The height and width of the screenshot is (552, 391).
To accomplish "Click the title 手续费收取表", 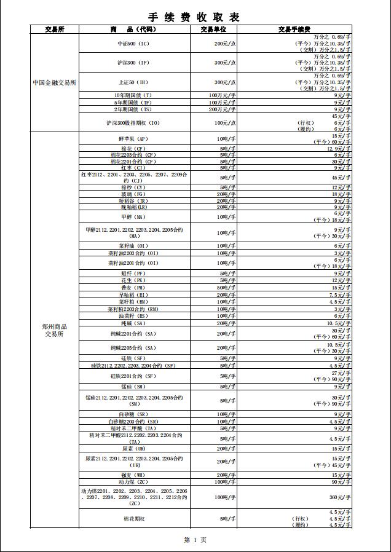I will pyautogui.click(x=195, y=17).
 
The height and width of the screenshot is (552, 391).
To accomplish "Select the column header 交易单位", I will pyautogui.click(x=214, y=30).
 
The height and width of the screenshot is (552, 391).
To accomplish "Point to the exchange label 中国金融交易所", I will pyautogui.click(x=55, y=82).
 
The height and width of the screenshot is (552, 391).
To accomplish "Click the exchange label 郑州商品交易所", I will pyautogui.click(x=55, y=330).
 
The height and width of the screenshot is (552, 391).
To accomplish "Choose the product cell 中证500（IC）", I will pyautogui.click(x=133, y=44).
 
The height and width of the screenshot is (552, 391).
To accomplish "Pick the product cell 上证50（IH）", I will pyautogui.click(x=133, y=82).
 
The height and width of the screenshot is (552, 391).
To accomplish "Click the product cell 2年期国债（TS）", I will pyautogui.click(x=133, y=109).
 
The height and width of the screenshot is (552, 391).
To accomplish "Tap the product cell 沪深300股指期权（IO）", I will pyautogui.click(x=133, y=122).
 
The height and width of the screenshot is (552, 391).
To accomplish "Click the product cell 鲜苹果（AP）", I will pyautogui.click(x=133, y=139).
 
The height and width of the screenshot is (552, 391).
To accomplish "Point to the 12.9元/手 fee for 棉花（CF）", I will pyautogui.click(x=339, y=149).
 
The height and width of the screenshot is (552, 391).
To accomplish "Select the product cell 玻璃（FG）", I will pyautogui.click(x=133, y=194).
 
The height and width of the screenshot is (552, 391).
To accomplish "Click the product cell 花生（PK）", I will pyautogui.click(x=133, y=280).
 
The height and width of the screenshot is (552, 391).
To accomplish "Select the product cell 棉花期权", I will pyautogui.click(x=133, y=519).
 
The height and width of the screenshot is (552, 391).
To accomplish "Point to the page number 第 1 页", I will pyautogui.click(x=195, y=540).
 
